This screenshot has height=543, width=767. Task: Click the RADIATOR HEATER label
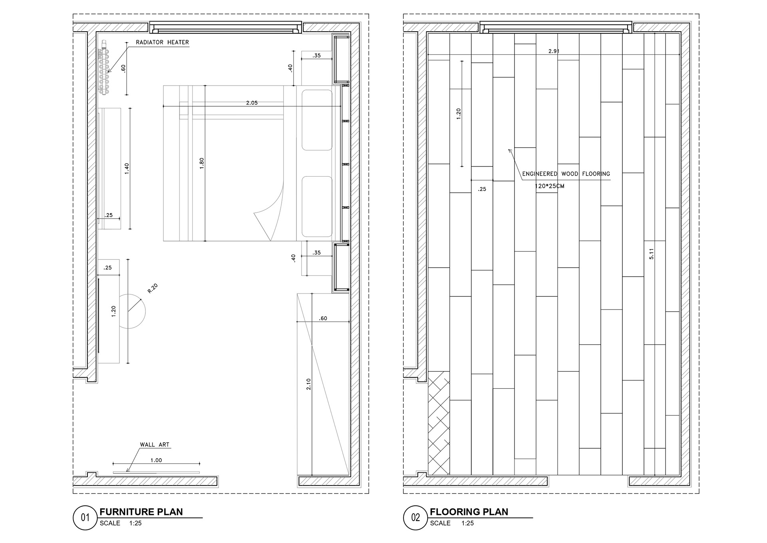tap(162, 42)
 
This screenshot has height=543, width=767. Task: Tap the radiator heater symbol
tap(104, 69)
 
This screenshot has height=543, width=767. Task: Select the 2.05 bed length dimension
tap(252, 103)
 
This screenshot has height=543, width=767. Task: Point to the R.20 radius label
tap(153, 288)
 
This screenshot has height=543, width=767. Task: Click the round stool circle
tap(132, 311)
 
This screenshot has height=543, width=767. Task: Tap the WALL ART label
tap(155, 445)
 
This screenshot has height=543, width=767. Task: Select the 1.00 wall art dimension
tap(156, 460)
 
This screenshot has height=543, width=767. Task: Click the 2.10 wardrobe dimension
tap(308, 384)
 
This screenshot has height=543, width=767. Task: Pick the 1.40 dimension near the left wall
tap(127, 168)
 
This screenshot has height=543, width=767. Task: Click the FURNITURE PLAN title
tap(141, 512)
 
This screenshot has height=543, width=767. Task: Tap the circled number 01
tap(85, 518)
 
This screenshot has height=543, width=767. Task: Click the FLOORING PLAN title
tap(469, 512)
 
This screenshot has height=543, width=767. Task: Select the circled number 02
tap(415, 518)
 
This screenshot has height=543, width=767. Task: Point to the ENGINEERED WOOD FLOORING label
tap(566, 174)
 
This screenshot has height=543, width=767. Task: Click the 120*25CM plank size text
tap(549, 186)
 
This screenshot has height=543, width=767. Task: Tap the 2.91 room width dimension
tap(554, 51)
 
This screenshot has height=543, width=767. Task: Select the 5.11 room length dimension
tap(651, 254)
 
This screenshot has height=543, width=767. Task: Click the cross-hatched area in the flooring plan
tap(439, 423)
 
